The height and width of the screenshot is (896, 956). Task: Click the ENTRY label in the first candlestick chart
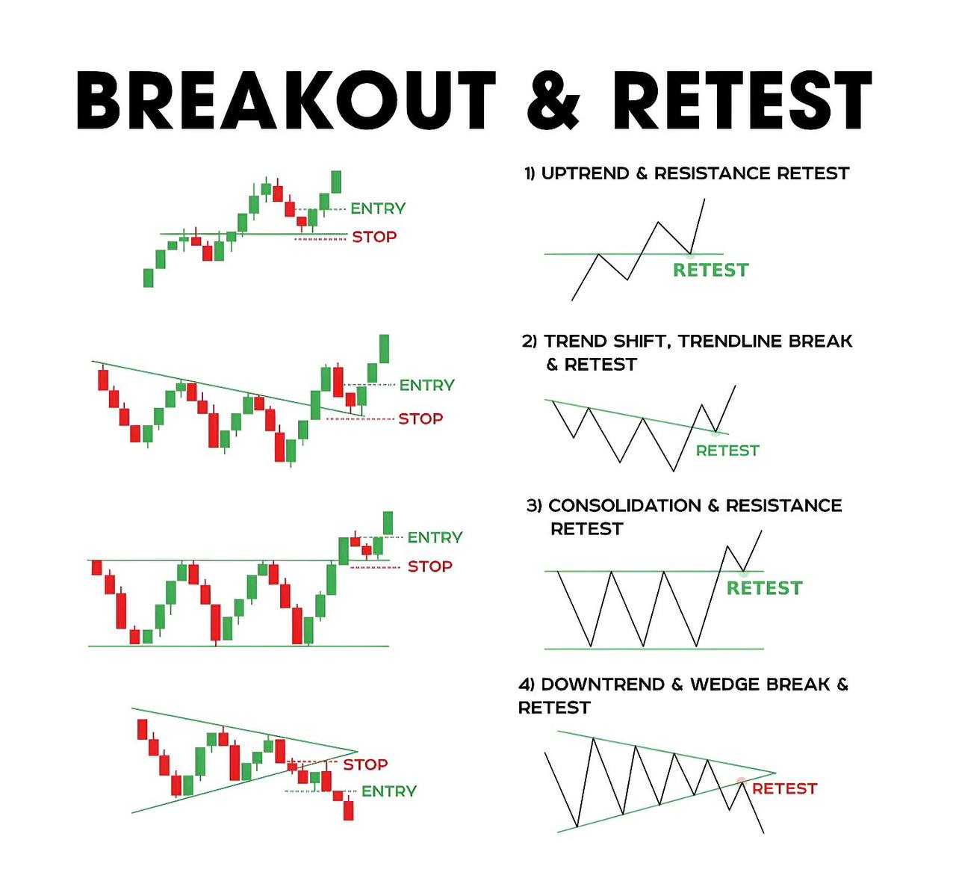378,208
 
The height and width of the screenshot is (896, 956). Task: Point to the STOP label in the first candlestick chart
374,237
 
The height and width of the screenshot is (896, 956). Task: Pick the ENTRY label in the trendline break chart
427,385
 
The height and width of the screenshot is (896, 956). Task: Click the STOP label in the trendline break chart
420,418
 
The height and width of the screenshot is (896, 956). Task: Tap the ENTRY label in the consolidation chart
435,537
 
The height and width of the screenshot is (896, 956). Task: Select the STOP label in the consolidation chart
430,566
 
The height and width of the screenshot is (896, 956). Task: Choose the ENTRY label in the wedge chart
389,791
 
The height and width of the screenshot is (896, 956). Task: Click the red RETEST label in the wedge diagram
785,788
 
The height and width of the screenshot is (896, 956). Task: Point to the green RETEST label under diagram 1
711,270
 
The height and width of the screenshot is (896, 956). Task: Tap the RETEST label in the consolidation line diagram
764,588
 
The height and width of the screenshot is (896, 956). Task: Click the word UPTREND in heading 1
586,173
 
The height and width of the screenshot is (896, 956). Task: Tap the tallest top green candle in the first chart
336,182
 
